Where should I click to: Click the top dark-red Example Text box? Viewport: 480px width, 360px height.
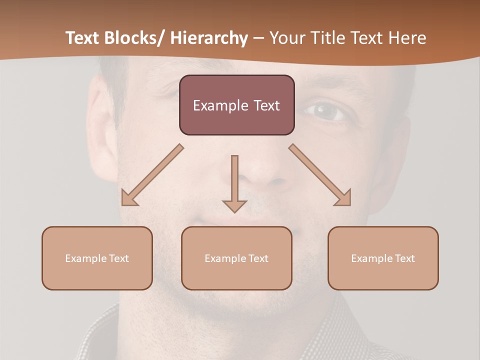click(236, 105)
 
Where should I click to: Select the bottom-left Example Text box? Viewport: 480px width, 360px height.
click(97, 258)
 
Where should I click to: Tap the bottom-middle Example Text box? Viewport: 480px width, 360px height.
click(236, 258)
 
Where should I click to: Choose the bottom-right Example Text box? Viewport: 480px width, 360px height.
click(383, 258)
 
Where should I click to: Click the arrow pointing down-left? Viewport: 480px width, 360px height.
click(152, 175)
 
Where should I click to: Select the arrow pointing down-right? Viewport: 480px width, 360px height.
click(320, 175)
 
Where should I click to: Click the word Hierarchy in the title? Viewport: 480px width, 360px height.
click(209, 38)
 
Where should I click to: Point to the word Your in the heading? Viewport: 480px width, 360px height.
click(286, 38)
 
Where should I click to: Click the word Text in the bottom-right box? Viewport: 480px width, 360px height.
click(405, 258)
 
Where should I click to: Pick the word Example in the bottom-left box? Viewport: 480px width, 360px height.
click(86, 258)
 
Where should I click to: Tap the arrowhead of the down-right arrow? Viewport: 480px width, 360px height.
click(344, 199)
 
